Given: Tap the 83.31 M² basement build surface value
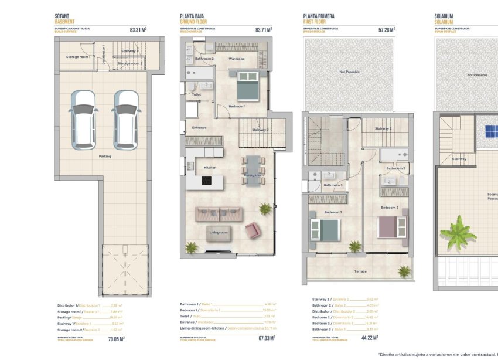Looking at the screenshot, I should click(138, 29).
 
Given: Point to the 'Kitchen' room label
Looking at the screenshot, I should click(210, 168).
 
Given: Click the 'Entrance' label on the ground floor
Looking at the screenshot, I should click(199, 127).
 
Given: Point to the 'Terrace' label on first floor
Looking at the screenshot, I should click(360, 271).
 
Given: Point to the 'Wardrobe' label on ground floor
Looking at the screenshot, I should click(237, 59).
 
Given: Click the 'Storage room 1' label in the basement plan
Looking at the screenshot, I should click(77, 57).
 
